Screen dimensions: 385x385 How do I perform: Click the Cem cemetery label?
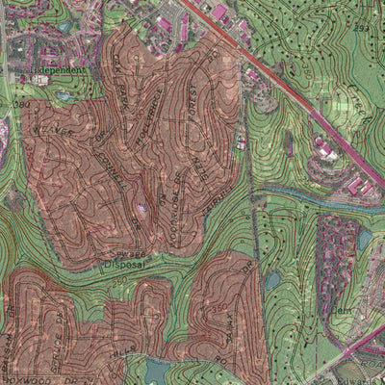[342, 310]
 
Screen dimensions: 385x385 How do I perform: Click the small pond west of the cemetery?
[273, 280]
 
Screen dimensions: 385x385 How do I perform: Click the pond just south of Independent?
[64, 96]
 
